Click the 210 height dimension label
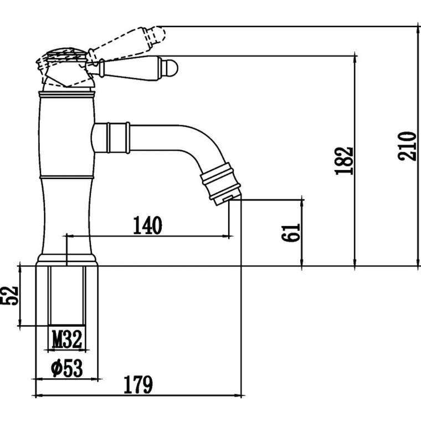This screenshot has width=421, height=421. point(407,146)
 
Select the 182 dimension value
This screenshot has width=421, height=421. point(344,161)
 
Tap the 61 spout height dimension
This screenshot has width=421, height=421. point(290,233)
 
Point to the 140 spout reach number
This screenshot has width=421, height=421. point(147,225)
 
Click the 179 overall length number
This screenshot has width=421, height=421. point(138,385)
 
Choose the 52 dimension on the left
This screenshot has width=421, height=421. point(9,296)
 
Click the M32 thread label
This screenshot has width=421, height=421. point(67,340)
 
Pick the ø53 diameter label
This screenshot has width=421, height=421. point(67,368)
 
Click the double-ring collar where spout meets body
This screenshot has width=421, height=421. point(119,138)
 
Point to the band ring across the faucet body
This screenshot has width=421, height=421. point(67,177)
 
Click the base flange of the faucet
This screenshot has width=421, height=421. point(67,260)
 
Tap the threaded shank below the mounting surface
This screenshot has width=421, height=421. point(67,296)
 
